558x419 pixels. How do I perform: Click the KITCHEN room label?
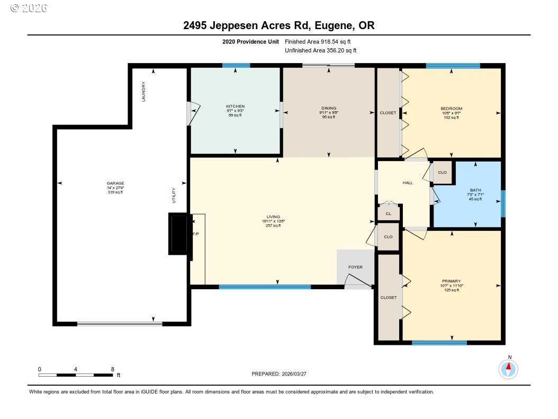(x=235, y=106)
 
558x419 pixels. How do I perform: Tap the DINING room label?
(x=328, y=109)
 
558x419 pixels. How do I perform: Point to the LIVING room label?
(x=273, y=217)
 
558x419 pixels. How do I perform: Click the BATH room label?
(x=475, y=190)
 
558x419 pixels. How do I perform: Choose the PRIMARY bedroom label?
(x=451, y=281)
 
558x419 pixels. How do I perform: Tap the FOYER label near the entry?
(x=355, y=267)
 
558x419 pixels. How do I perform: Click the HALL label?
(x=408, y=183)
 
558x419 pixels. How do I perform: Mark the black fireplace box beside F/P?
(x=178, y=234)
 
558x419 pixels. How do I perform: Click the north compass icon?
(x=508, y=369)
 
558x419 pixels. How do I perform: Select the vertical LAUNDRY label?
(x=143, y=91)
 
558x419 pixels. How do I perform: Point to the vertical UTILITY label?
(x=173, y=195)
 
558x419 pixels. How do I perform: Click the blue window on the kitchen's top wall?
(x=236, y=66)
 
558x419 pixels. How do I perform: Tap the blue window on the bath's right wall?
(x=503, y=204)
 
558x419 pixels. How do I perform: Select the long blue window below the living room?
(x=265, y=287)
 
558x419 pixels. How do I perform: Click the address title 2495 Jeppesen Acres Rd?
(x=278, y=25)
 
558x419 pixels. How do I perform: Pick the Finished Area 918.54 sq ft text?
(x=318, y=41)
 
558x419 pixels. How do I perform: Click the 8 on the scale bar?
(x=112, y=369)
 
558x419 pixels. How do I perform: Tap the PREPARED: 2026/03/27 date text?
(x=279, y=374)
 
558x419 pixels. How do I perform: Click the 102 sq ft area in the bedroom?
(x=451, y=118)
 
